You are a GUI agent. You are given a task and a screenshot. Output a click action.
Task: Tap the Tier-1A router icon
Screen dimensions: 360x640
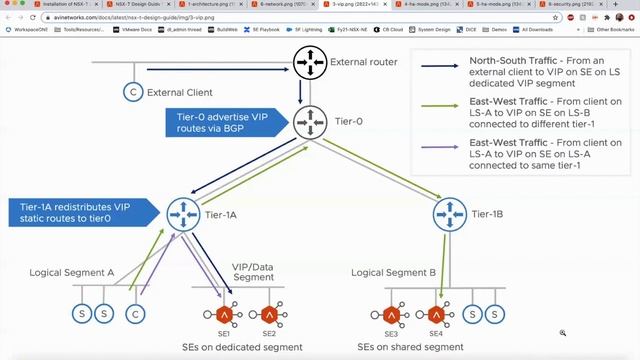(x=183, y=212)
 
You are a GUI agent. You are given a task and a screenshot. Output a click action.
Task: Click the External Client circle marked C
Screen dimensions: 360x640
(x=131, y=93)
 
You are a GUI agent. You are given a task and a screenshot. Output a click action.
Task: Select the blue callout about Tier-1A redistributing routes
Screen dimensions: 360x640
(x=80, y=212)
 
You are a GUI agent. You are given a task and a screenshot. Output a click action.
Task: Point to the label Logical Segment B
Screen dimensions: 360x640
(x=394, y=270)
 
